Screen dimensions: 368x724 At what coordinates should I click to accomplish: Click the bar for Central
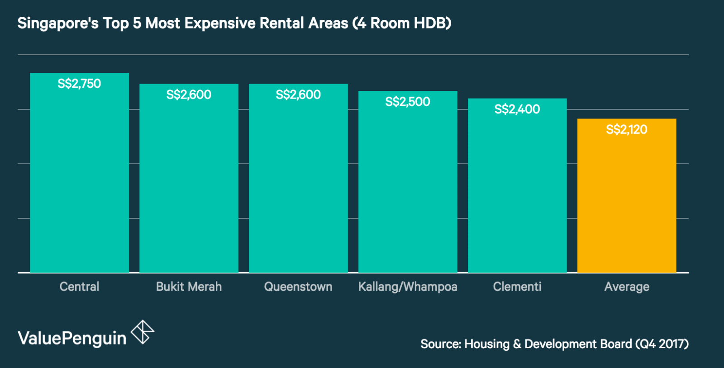tap(79, 181)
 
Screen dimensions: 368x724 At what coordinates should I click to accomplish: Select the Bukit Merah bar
tap(189, 185)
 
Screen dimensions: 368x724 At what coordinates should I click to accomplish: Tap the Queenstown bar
tap(298, 185)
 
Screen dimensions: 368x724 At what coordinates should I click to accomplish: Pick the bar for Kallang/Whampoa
tap(408, 190)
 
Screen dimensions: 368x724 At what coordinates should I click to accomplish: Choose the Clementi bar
tap(517, 194)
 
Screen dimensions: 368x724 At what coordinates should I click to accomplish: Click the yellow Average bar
tap(627, 203)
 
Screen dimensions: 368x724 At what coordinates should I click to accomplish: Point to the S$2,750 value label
tap(79, 84)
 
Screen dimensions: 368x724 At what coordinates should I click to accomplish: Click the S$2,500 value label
tap(408, 102)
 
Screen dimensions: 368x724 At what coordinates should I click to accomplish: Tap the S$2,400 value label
tap(517, 109)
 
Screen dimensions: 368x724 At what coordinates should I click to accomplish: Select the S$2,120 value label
tap(627, 130)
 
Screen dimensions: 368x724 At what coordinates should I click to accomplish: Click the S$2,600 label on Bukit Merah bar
tap(189, 94)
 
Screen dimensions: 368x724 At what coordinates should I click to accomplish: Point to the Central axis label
tap(79, 287)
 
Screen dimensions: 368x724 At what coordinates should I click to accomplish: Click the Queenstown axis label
tap(298, 287)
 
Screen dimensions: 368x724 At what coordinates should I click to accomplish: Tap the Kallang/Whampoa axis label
tap(408, 287)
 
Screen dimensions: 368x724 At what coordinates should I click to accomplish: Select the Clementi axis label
tap(517, 287)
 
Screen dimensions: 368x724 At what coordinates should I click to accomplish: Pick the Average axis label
tap(627, 287)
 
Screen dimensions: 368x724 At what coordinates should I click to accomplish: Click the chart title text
tap(234, 23)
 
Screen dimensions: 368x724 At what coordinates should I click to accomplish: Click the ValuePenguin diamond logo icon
tap(143, 332)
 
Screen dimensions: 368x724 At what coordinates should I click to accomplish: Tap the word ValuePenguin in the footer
tap(72, 339)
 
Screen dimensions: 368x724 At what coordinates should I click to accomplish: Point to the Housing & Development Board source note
tap(554, 344)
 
